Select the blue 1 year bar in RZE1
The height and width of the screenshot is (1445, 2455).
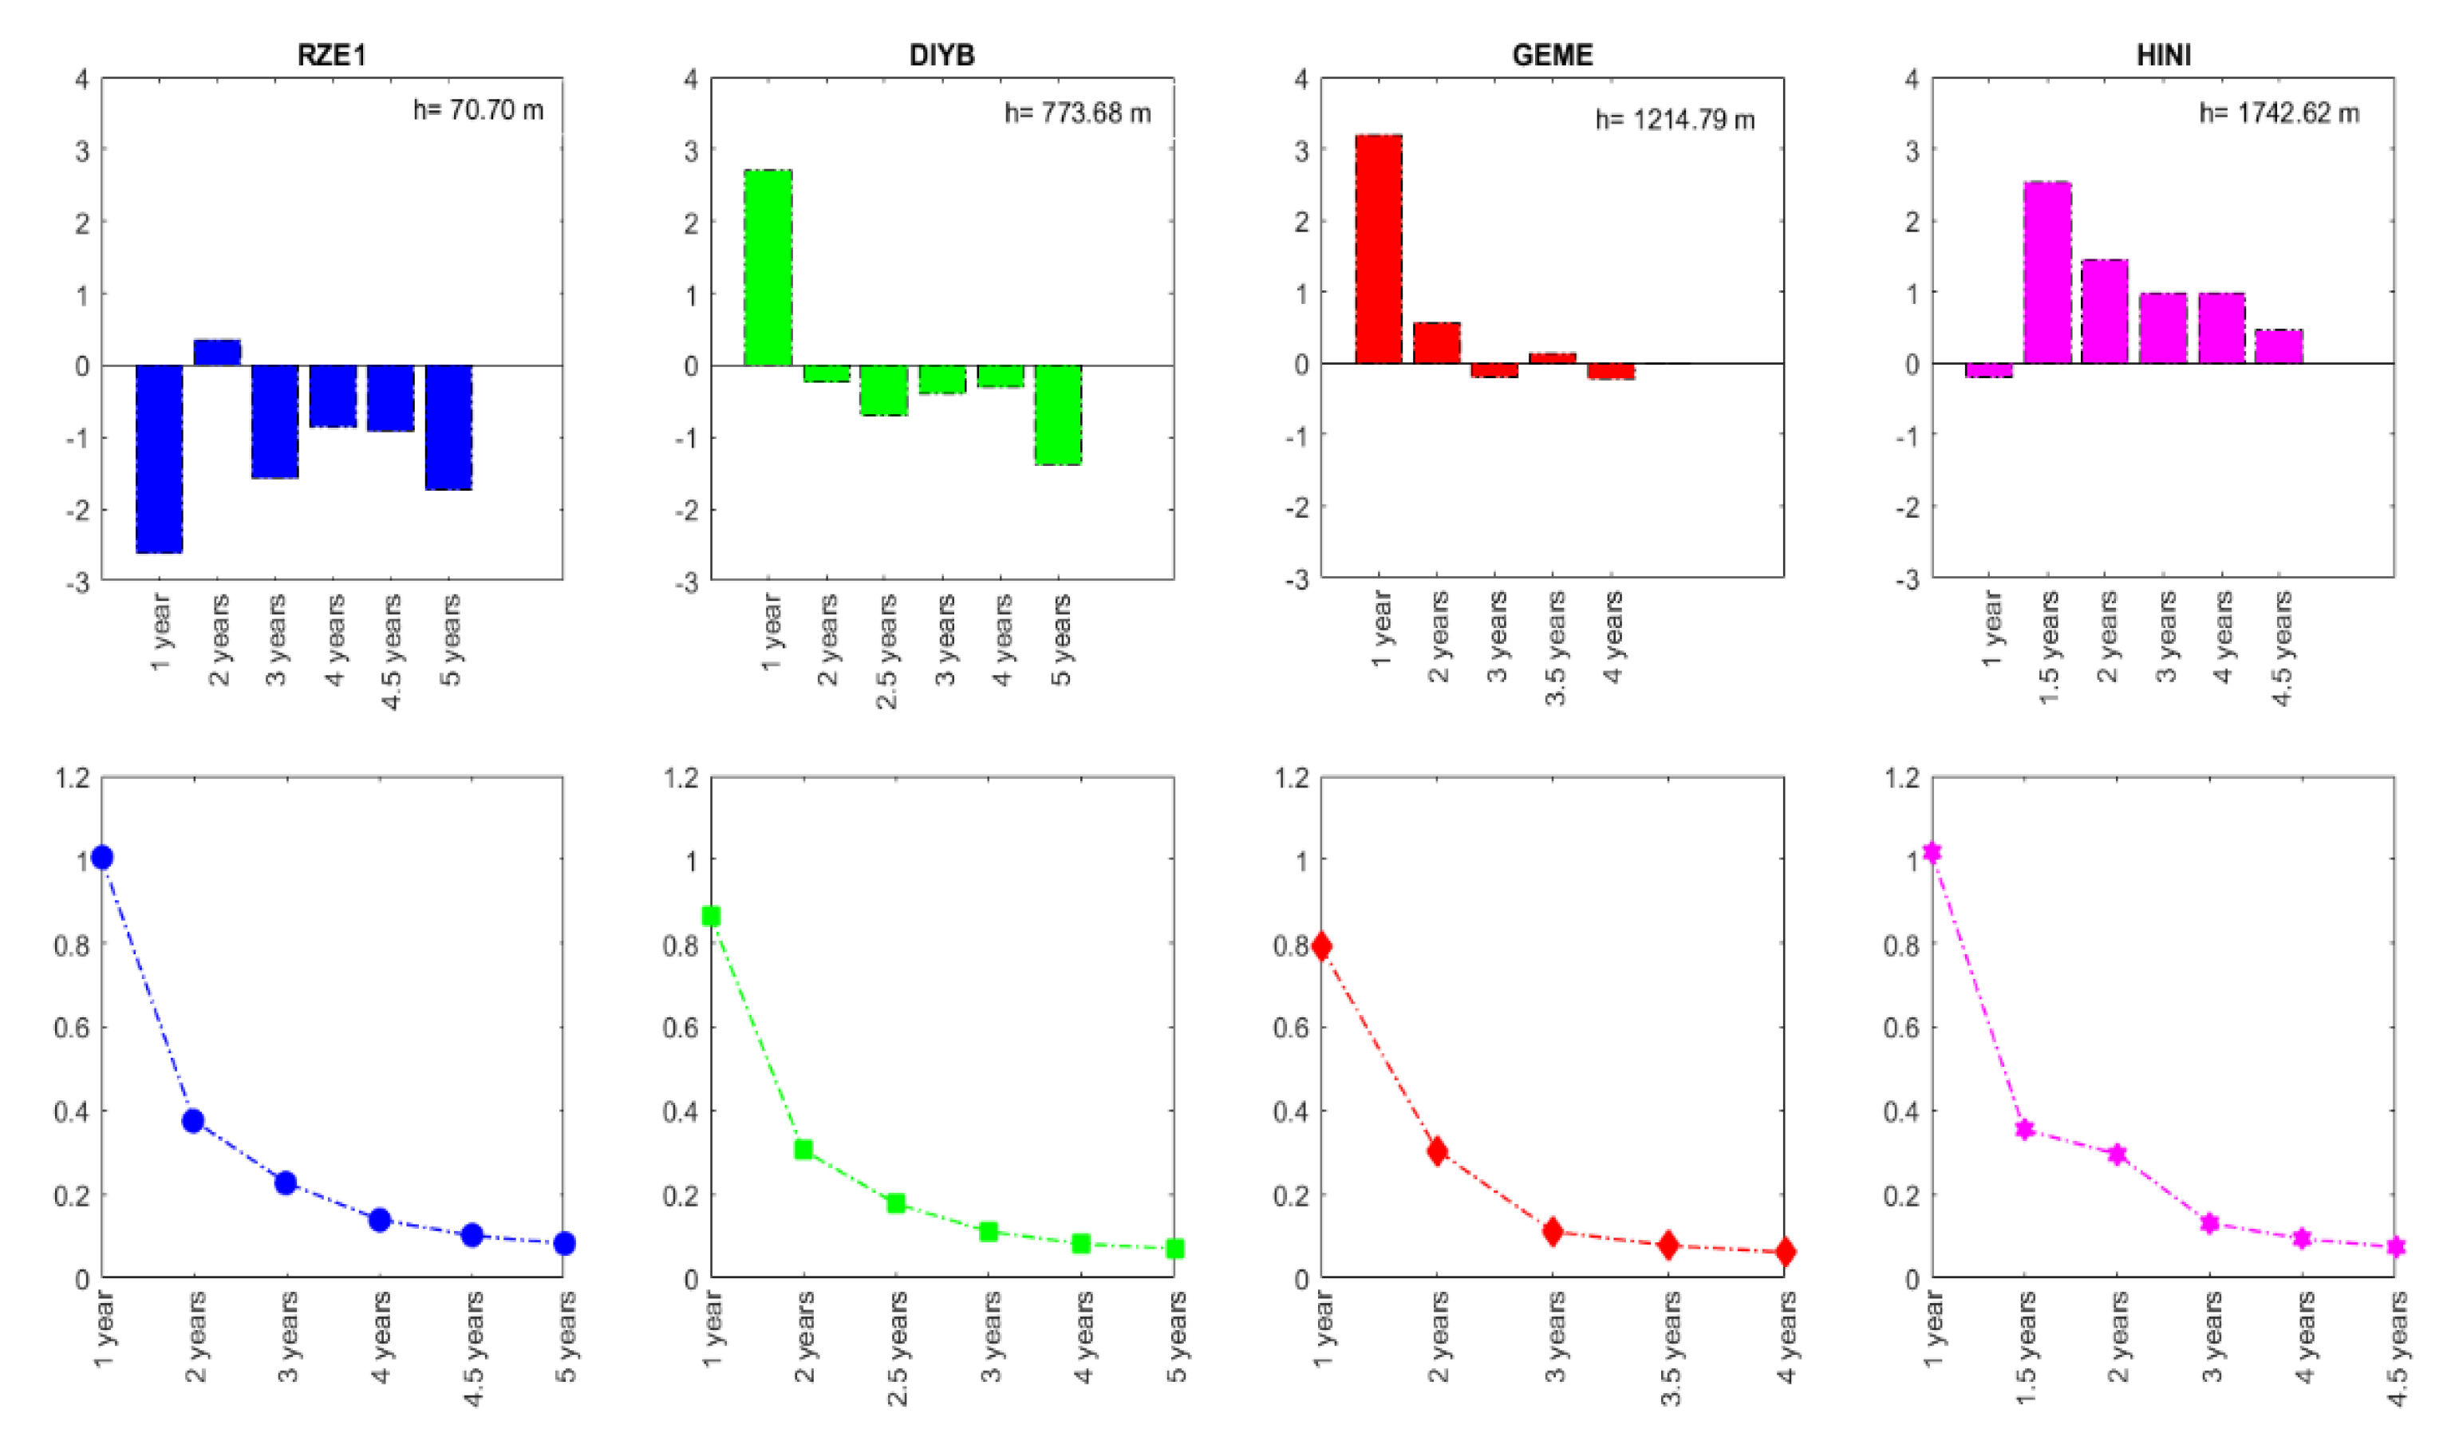pos(159,458)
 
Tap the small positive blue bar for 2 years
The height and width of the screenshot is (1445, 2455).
pos(217,352)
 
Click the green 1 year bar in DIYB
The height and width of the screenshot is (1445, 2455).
pos(768,267)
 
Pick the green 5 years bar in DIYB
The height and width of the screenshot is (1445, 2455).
pos(1058,414)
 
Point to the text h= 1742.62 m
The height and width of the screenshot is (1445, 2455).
pos(2279,113)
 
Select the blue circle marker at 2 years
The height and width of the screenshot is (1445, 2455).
pos(193,1120)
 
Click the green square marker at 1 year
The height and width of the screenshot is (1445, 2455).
pos(711,916)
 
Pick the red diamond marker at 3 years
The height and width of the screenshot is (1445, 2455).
pos(1553,1232)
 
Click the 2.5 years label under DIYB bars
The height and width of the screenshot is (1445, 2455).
pos(886,650)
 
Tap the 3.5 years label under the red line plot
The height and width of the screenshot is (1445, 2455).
pos(1671,1348)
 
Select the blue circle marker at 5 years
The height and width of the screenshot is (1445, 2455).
pos(564,1242)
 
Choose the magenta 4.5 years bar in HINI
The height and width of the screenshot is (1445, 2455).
pos(2279,346)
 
